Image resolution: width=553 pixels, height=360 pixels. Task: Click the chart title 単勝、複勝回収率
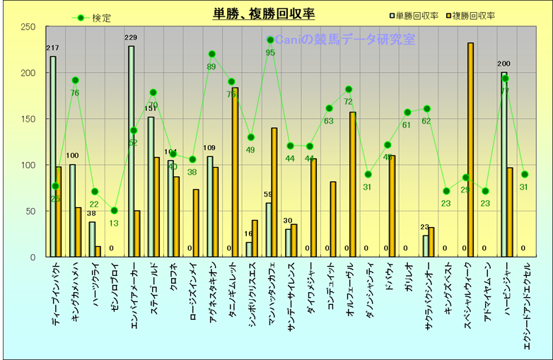click(264, 13)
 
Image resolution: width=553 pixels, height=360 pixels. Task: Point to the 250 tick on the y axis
click(29, 27)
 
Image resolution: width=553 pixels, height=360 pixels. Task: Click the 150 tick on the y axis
click(29, 119)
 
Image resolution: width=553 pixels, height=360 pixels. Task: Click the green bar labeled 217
click(53, 156)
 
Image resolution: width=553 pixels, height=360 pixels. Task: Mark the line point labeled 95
click(270, 40)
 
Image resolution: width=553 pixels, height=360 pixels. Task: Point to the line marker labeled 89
click(212, 54)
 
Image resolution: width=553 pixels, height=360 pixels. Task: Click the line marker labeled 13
click(115, 211)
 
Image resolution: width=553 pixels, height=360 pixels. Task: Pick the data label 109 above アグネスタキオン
click(209, 148)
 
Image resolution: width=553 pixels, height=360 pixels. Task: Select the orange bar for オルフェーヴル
click(353, 184)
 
